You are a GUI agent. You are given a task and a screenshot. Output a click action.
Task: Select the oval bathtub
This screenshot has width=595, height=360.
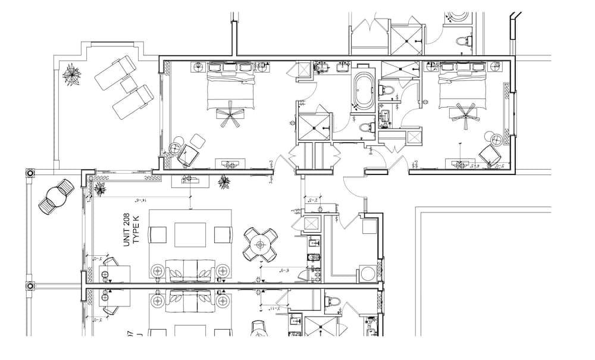tap(362, 90)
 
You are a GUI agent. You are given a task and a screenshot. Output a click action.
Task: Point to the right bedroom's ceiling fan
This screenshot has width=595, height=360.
tap(464, 114)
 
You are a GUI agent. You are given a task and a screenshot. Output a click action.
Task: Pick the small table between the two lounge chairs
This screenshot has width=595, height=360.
tap(127, 86)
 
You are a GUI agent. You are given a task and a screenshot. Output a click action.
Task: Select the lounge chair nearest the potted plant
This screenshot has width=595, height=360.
tap(114, 71)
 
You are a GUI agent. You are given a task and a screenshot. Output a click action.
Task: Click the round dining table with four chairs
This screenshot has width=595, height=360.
tap(261, 244)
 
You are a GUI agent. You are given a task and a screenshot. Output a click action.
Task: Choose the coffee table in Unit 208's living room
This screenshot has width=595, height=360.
tap(190, 234)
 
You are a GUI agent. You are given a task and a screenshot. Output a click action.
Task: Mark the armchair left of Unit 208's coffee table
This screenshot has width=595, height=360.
tap(158, 234)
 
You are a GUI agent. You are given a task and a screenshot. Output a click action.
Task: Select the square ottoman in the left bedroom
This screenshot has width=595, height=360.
tap(197, 140)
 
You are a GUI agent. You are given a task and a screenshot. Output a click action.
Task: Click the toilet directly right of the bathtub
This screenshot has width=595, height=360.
tap(386, 90)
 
